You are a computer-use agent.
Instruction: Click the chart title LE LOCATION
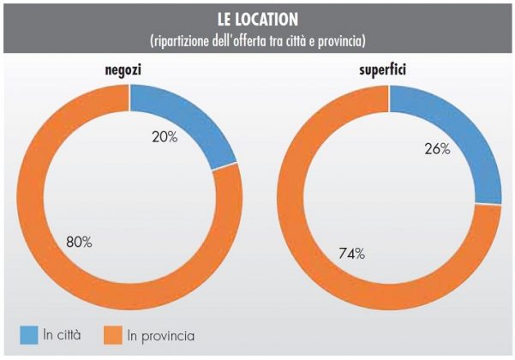pos(257,19)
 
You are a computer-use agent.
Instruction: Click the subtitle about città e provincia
pos(257,39)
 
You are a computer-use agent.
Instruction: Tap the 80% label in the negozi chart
pos(80,242)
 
